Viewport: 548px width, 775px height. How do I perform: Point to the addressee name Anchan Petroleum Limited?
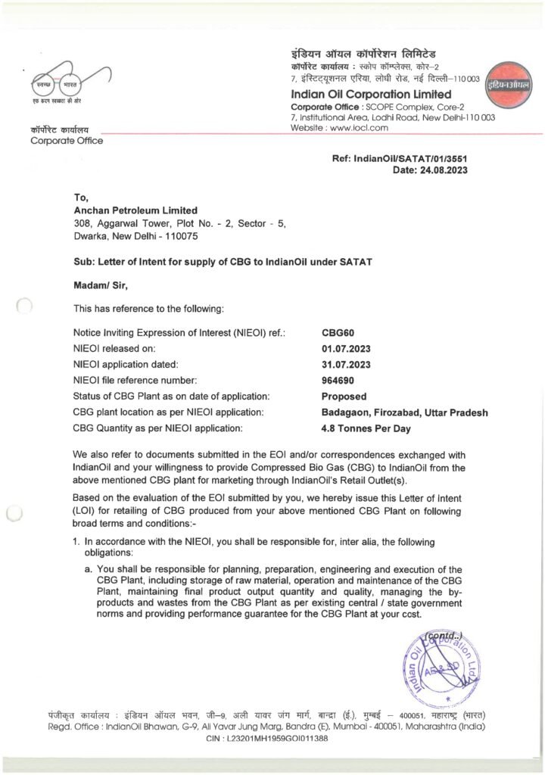pyautogui.click(x=135, y=210)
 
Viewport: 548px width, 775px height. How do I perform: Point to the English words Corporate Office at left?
pyautogui.click(x=67, y=141)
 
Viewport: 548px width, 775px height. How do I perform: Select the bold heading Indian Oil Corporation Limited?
pyautogui.click(x=371, y=94)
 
